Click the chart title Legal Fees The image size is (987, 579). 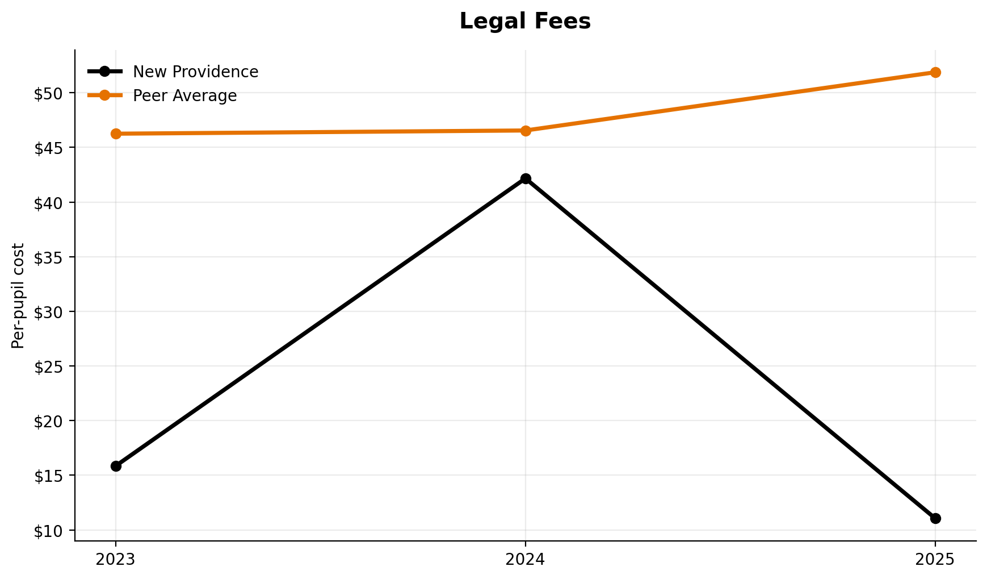coord(525,22)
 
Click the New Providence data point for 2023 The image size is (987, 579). coord(116,466)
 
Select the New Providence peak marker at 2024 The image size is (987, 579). coord(526,178)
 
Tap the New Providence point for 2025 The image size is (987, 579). coord(935,518)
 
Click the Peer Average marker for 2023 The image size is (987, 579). coord(116,134)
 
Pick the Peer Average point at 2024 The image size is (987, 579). coord(526,131)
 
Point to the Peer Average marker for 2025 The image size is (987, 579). coord(935,72)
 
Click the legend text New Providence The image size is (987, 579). coord(195,72)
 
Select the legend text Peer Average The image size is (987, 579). coord(184,96)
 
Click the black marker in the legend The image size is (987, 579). coord(104,72)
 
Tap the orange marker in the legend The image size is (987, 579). coord(104,95)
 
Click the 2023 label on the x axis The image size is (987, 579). coord(116,560)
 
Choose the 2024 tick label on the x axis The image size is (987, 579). coord(526,560)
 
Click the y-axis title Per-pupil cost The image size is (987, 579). coord(19,295)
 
